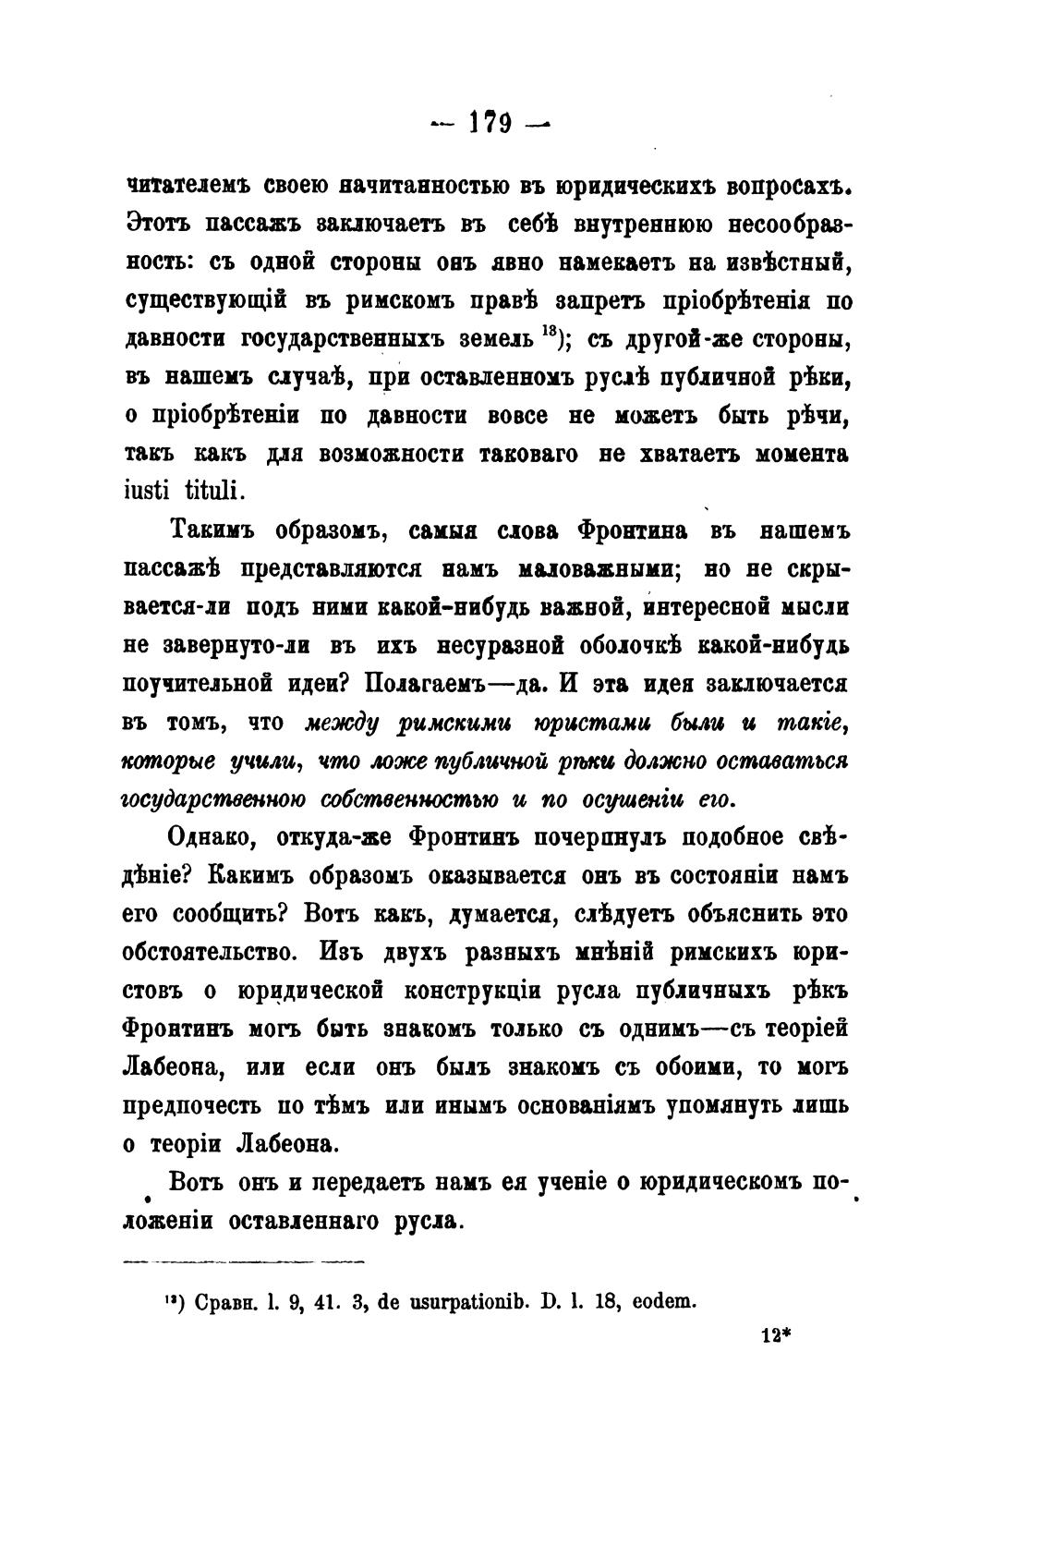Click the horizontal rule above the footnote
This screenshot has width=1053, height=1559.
pyautogui.click(x=244, y=1261)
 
